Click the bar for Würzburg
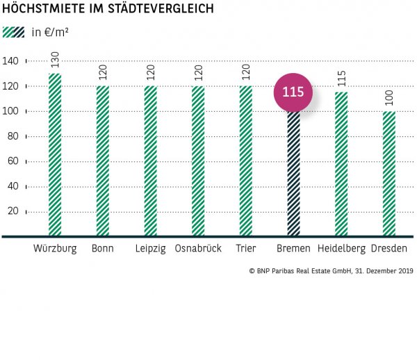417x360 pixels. pyautogui.click(x=55, y=154)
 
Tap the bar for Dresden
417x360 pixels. pyautogui.click(x=389, y=174)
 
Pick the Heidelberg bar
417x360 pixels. pyautogui.click(x=341, y=164)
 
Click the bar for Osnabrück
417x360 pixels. pyautogui.click(x=198, y=161)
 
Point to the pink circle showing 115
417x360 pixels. pyautogui.click(x=293, y=92)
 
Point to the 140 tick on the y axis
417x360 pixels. pyautogui.click(x=12, y=61)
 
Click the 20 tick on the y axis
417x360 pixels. pyautogui.click(x=14, y=212)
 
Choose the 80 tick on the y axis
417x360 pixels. pyautogui.click(x=14, y=137)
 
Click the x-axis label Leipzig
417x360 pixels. pyautogui.click(x=150, y=249)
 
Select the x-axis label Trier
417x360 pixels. pyautogui.click(x=245, y=249)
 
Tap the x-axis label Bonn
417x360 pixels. pyautogui.click(x=103, y=249)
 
